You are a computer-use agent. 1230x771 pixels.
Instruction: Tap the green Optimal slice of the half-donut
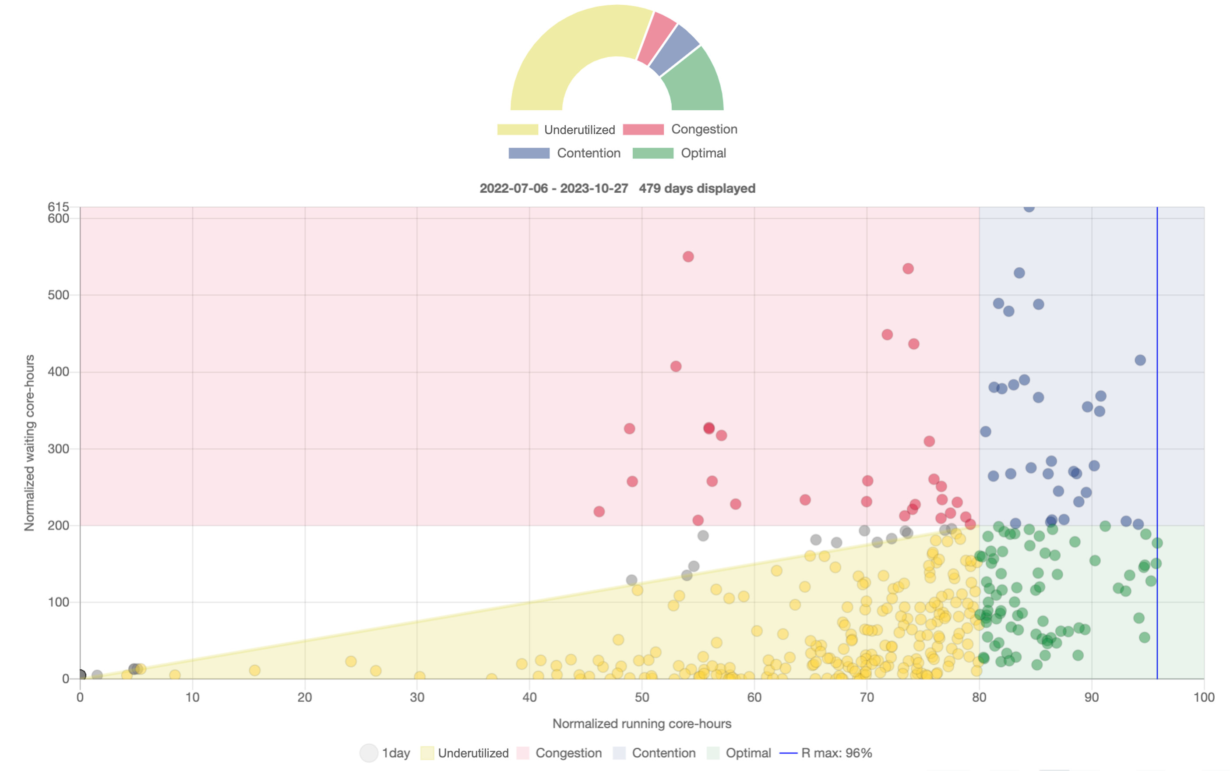pos(694,81)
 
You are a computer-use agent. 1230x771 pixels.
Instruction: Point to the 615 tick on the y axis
pos(58,206)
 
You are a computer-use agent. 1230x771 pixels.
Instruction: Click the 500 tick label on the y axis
pos(58,295)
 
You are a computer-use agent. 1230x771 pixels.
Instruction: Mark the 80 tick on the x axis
pos(979,697)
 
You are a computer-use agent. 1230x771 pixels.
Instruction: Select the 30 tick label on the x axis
pos(417,697)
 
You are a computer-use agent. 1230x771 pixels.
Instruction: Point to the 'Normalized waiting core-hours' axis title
pos(30,442)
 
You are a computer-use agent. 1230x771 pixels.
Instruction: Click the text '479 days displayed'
pos(697,189)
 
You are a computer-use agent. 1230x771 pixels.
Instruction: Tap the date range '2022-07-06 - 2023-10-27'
pos(553,189)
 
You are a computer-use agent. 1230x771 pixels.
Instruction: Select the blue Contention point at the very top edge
pos(1029,207)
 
